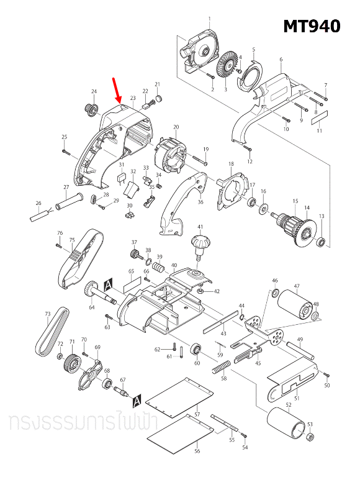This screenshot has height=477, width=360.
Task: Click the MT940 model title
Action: pyautogui.click(x=312, y=26)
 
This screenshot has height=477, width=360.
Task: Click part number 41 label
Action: pyautogui.click(x=200, y=227)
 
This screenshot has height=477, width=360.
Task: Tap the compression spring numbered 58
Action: pyautogui.click(x=221, y=367)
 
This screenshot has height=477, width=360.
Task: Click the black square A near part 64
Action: pyautogui.click(x=108, y=284)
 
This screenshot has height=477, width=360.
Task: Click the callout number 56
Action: pyautogui.click(x=197, y=452)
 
